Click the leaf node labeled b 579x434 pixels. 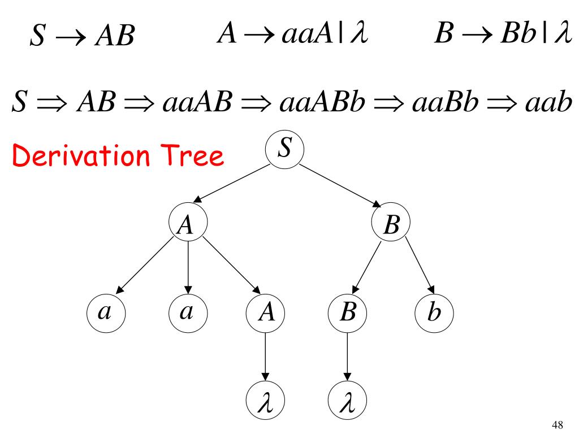point(434,312)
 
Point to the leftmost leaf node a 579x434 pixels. point(105,312)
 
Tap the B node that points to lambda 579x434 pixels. point(347,312)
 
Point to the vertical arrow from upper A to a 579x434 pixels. point(188,268)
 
